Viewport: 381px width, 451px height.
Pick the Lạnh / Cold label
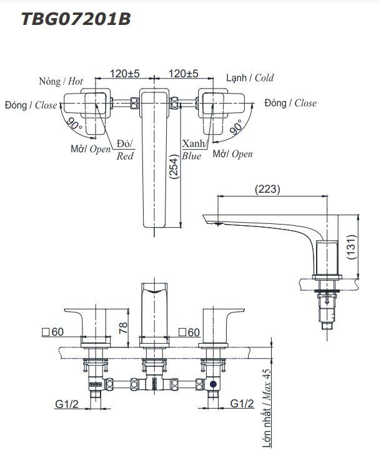pos(249,79)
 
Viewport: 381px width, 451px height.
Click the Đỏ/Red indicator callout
pos(125,150)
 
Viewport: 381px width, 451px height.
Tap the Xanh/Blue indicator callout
pos(192,150)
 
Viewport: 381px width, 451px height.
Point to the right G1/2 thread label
pos(242,404)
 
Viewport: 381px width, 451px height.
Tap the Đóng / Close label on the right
pos(290,103)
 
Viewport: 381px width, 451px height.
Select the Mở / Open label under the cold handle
pos(233,153)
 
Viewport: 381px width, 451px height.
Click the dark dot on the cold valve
pos(214,385)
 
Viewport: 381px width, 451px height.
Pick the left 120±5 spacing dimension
pos(124,73)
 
